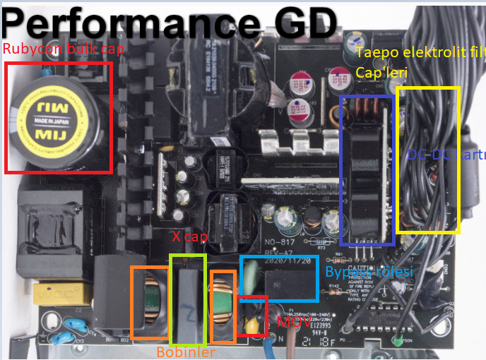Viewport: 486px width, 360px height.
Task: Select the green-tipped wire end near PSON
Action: point(397,341)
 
